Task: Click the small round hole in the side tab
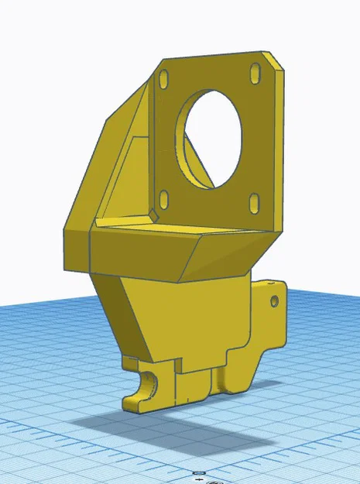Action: tap(273, 300)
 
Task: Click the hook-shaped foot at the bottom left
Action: tap(139, 391)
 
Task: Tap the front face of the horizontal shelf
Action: tap(139, 252)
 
